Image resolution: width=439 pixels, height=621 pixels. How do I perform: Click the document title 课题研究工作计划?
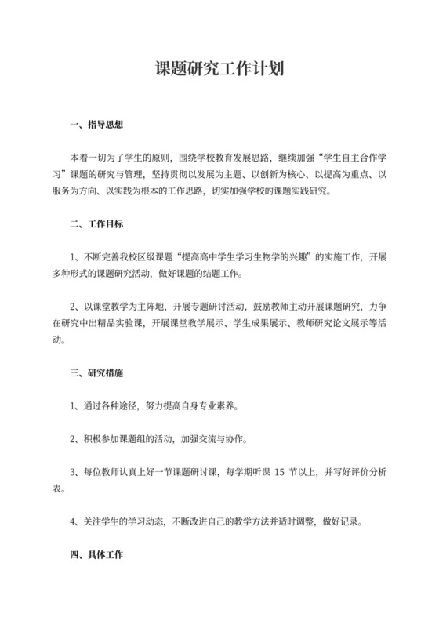pyautogui.click(x=219, y=70)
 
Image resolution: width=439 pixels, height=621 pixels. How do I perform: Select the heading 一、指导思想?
pyautogui.click(x=96, y=124)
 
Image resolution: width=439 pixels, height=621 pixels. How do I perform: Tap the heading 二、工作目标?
pyautogui.click(x=96, y=223)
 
